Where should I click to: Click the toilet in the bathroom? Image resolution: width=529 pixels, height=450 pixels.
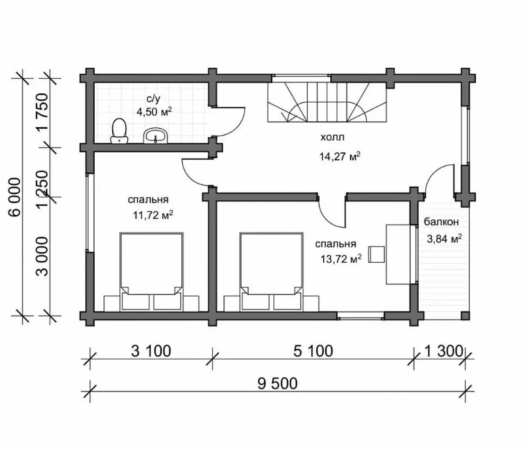pyautogui.click(x=119, y=131)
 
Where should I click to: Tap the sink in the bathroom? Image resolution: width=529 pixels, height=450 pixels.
pyautogui.click(x=155, y=135)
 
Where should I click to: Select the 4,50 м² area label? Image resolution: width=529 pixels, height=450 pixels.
pyautogui.click(x=154, y=112)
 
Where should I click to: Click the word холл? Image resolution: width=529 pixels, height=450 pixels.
pyautogui.click(x=333, y=137)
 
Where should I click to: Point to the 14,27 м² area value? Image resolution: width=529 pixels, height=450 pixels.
pyautogui.click(x=340, y=157)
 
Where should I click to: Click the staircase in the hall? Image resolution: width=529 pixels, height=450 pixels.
pyautogui.click(x=327, y=102)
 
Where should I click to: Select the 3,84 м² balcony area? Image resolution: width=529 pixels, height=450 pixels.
pyautogui.click(x=444, y=239)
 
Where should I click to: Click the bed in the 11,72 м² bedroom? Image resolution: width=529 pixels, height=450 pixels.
pyautogui.click(x=152, y=272)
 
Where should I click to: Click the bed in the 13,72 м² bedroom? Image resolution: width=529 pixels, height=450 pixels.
pyautogui.click(x=272, y=272)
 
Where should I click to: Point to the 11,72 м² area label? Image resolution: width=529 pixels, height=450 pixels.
pyautogui.click(x=153, y=215)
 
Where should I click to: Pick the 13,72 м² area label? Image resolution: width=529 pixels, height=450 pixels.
pyautogui.click(x=341, y=259)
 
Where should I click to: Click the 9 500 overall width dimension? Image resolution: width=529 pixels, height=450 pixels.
pyautogui.click(x=277, y=384)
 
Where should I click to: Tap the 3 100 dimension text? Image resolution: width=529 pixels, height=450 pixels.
pyautogui.click(x=151, y=351)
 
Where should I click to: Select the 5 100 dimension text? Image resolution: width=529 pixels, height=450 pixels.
pyautogui.click(x=313, y=351)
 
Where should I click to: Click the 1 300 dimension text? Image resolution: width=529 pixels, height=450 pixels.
pyautogui.click(x=444, y=351)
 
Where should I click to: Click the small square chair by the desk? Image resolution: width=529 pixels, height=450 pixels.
pyautogui.click(x=377, y=255)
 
